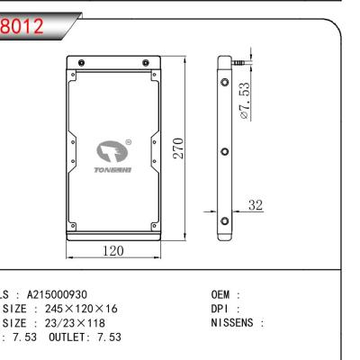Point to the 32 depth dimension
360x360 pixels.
[256, 206]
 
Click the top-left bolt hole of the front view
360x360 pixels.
[82, 65]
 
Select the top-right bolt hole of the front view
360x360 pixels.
[146, 65]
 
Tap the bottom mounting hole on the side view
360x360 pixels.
[225, 219]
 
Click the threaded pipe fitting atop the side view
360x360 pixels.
[238, 63]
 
